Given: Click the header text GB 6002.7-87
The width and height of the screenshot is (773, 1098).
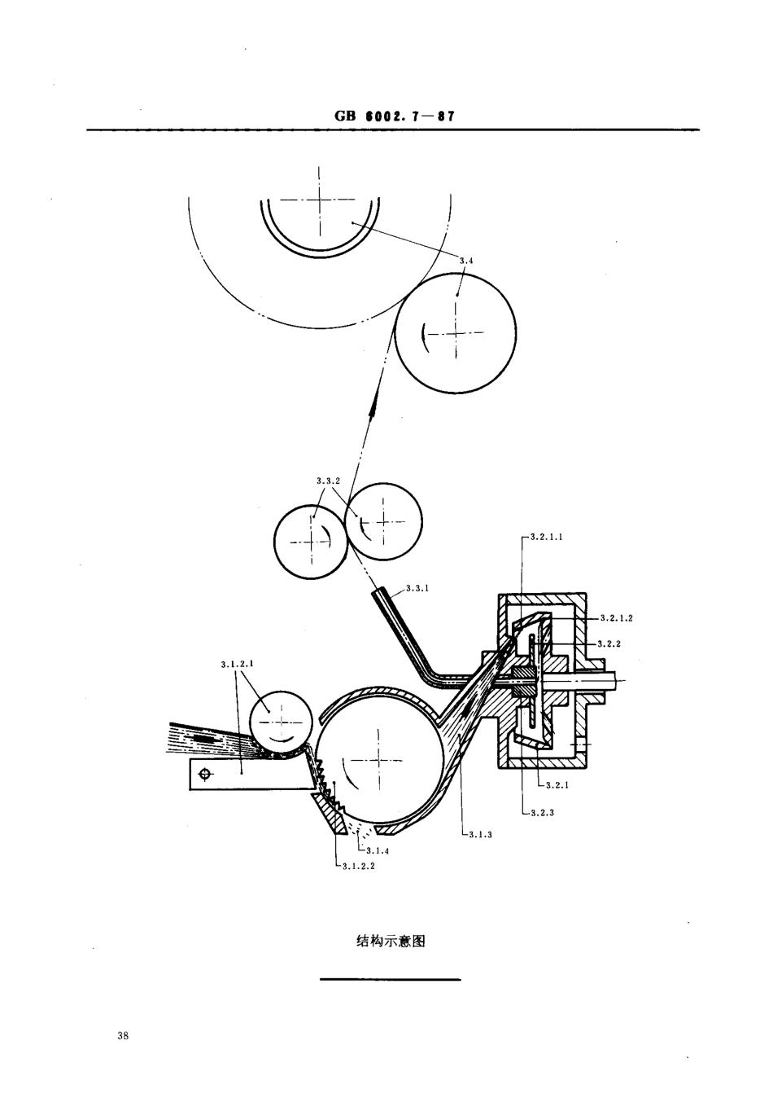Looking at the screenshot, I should [394, 116].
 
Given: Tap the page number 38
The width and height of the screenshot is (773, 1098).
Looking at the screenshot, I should [123, 1037].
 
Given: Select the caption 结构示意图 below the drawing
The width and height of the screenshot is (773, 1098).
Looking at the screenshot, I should [391, 942].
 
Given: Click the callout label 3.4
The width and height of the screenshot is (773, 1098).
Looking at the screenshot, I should [465, 261].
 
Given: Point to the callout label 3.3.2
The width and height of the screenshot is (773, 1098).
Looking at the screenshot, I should [327, 481].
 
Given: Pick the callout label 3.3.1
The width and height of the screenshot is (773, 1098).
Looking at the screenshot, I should [417, 587].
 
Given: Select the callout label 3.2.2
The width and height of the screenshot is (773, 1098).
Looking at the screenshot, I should [609, 643].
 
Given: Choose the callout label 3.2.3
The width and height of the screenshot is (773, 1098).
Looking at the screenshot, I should [541, 813].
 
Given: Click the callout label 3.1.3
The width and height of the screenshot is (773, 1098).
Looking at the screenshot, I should [481, 834].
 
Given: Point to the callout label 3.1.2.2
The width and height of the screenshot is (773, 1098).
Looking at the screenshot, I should [358, 867].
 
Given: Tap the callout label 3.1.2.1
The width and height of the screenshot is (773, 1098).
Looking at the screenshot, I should [237, 664].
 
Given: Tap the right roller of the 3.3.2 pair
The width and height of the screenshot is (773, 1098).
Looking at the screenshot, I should [383, 521].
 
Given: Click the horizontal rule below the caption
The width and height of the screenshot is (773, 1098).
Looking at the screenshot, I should [391, 979].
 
